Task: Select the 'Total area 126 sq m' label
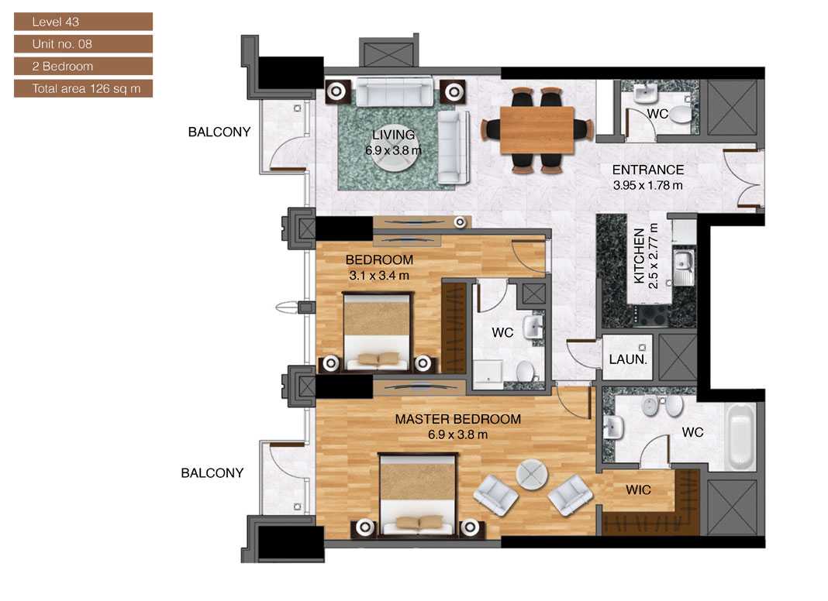[82, 88]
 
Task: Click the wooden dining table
[537, 129]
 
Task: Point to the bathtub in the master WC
[740, 437]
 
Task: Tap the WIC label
[639, 490]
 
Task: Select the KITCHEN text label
[640, 256]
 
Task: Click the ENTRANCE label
[647, 170]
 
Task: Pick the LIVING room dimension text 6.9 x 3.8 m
[392, 149]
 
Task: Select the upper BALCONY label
[219, 132]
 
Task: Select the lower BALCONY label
[212, 472]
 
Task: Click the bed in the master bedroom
[417, 496]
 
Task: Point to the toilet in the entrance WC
[679, 115]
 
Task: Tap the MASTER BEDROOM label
[457, 419]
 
